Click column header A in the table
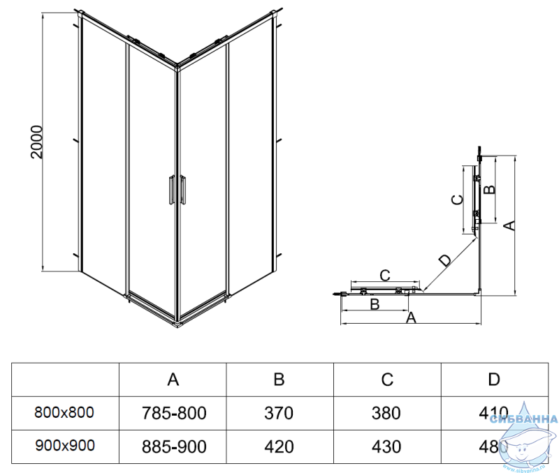click(x=173, y=380)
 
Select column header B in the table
click(x=279, y=380)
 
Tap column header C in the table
click(x=387, y=380)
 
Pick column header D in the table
click(x=494, y=380)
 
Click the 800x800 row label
click(x=64, y=412)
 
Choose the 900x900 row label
click(x=64, y=444)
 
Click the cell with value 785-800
click(x=173, y=413)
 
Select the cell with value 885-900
click(x=173, y=445)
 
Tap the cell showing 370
click(x=279, y=413)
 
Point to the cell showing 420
click(x=279, y=445)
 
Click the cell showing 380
click(x=386, y=413)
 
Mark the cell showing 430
click(x=386, y=445)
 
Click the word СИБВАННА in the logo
click(x=523, y=419)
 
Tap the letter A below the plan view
click(x=412, y=318)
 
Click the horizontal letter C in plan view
click(x=384, y=273)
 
